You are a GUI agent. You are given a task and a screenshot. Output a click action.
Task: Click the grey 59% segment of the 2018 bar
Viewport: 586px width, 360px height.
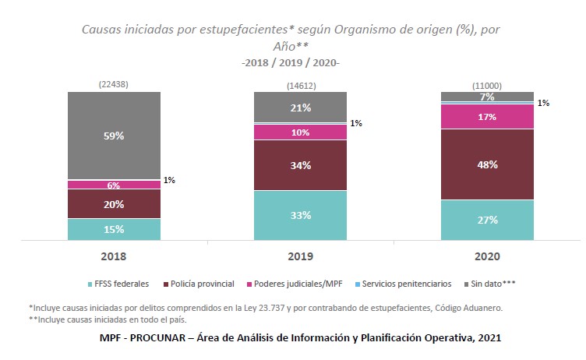pyautogui.click(x=114, y=136)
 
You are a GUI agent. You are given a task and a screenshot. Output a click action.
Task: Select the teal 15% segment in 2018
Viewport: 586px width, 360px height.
pyautogui.click(x=114, y=229)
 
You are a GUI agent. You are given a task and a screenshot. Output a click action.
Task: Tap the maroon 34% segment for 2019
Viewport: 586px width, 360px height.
pyautogui.click(x=300, y=165)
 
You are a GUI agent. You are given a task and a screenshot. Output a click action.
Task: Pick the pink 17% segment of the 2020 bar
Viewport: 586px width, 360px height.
pyautogui.click(x=487, y=117)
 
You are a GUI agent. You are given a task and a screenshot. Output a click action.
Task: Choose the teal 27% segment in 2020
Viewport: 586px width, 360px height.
pyautogui.click(x=487, y=220)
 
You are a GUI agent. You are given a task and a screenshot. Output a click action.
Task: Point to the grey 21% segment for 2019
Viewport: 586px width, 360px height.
pyautogui.click(x=300, y=107)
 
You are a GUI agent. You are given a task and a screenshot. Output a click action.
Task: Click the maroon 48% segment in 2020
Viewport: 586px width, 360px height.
pyautogui.click(x=487, y=164)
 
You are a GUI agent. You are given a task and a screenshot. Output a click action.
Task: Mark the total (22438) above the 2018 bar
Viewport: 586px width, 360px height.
pyautogui.click(x=114, y=84)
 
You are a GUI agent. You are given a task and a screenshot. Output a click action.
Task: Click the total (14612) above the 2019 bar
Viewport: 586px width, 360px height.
pyautogui.click(x=301, y=84)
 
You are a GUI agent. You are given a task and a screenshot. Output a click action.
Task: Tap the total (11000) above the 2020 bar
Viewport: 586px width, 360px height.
pyautogui.click(x=487, y=84)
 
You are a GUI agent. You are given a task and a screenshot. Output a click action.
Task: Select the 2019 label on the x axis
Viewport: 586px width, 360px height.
pyautogui.click(x=300, y=256)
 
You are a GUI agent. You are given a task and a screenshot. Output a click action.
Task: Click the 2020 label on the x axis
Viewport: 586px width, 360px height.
pyautogui.click(x=487, y=256)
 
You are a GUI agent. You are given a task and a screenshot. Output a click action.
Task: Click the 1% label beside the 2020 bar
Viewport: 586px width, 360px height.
pyautogui.click(x=544, y=103)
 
